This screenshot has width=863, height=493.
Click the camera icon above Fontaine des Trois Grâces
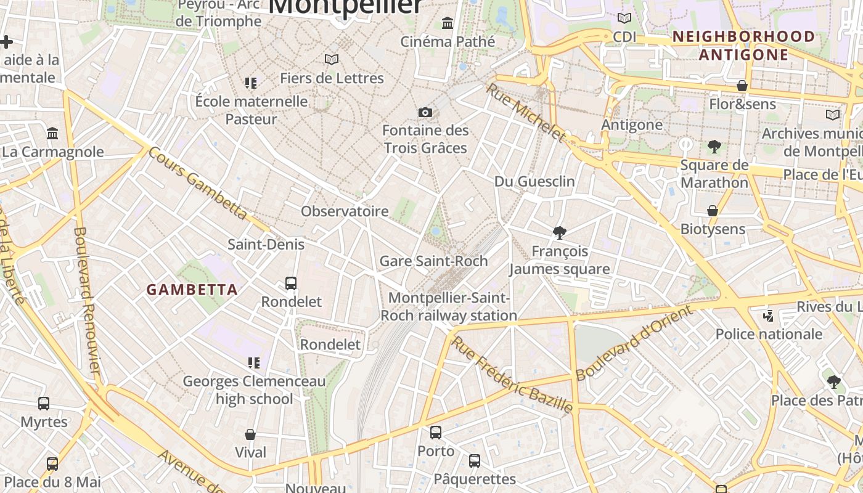pos(425,112)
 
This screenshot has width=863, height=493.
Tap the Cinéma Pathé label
pos(448,41)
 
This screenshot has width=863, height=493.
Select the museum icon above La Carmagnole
pos(52,133)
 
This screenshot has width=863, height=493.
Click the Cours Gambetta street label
pos(197,184)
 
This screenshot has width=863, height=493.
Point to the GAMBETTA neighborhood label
pos(192,290)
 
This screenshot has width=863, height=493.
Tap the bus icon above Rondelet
pos(291,283)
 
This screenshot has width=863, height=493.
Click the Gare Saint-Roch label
pos(433,261)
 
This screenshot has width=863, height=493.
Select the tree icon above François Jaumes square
pos(560,233)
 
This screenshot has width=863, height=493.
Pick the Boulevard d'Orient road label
pos(634,343)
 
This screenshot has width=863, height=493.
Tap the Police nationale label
pos(769,334)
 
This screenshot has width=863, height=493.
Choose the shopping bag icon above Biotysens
pos(713,211)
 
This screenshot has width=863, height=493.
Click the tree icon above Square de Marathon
pos(714,147)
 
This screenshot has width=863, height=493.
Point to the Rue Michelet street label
pos(525,112)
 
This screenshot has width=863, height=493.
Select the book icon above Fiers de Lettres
pos(332,60)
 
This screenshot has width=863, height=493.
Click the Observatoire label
pos(345,211)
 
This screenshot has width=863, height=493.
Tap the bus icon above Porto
pos(436,433)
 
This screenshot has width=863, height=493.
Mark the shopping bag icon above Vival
pos(250,434)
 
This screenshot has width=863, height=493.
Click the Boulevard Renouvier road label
pos(87,300)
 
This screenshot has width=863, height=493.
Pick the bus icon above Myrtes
pos(44,404)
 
